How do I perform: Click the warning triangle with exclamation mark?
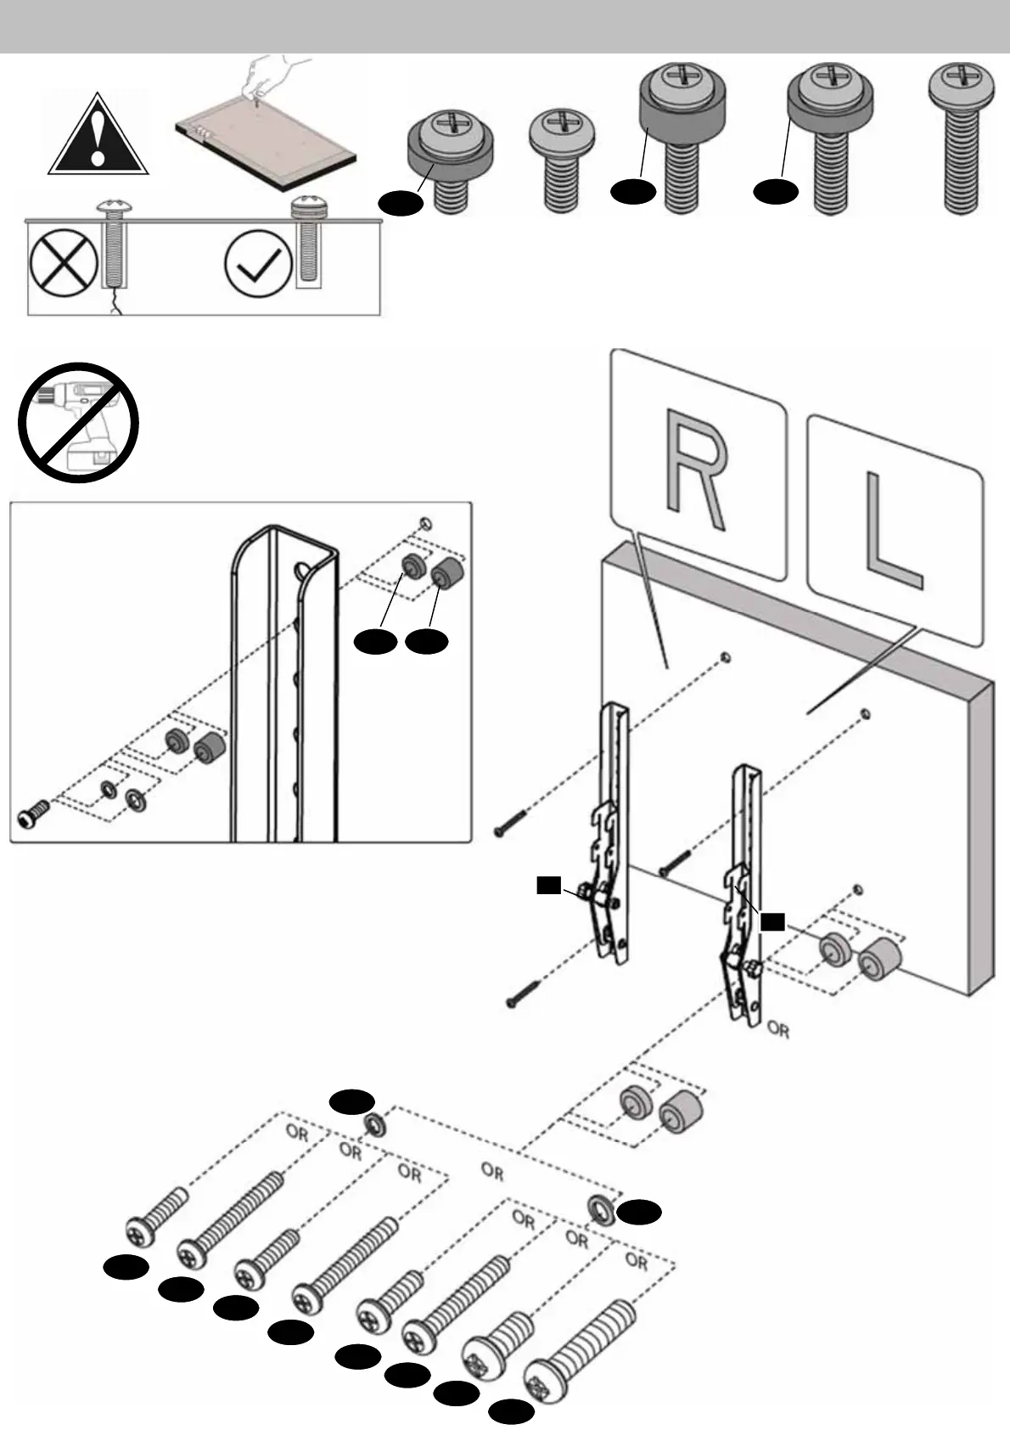tap(98, 136)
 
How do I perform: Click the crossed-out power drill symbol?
tap(79, 423)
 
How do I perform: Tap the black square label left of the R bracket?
tap(548, 887)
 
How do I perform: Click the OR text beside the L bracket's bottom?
tap(777, 1030)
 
